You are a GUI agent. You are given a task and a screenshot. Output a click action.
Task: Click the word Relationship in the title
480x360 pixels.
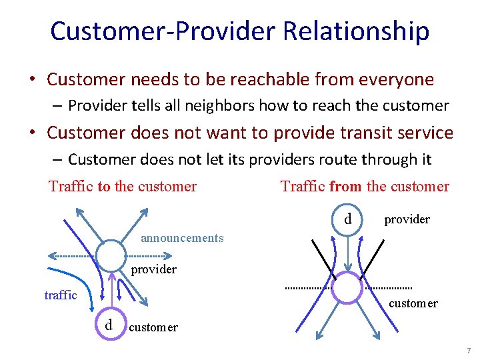(356, 31)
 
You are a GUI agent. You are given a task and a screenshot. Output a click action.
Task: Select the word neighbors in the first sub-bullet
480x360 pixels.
(223, 105)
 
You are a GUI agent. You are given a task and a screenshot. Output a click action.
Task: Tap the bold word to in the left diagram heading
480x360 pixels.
(104, 187)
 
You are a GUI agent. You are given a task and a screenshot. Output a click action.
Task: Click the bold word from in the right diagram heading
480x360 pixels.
(345, 187)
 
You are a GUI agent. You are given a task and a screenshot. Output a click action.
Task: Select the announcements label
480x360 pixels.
(182, 238)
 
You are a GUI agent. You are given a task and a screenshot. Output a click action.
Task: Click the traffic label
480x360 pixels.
(61, 295)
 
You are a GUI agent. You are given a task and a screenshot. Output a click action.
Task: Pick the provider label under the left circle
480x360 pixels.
(153, 269)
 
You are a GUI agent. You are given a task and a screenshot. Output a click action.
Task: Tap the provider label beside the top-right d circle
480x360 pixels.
(407, 219)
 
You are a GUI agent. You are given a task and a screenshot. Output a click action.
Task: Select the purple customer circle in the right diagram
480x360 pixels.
(347, 288)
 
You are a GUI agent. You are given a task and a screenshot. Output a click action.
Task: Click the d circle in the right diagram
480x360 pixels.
(347, 219)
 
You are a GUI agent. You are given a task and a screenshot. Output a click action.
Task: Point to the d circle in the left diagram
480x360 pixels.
(109, 326)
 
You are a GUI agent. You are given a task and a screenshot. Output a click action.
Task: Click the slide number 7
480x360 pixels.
(469, 351)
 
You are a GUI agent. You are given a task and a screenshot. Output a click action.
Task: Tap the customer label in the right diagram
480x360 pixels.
(413, 303)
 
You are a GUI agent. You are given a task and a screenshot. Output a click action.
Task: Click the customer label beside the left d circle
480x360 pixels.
(153, 327)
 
